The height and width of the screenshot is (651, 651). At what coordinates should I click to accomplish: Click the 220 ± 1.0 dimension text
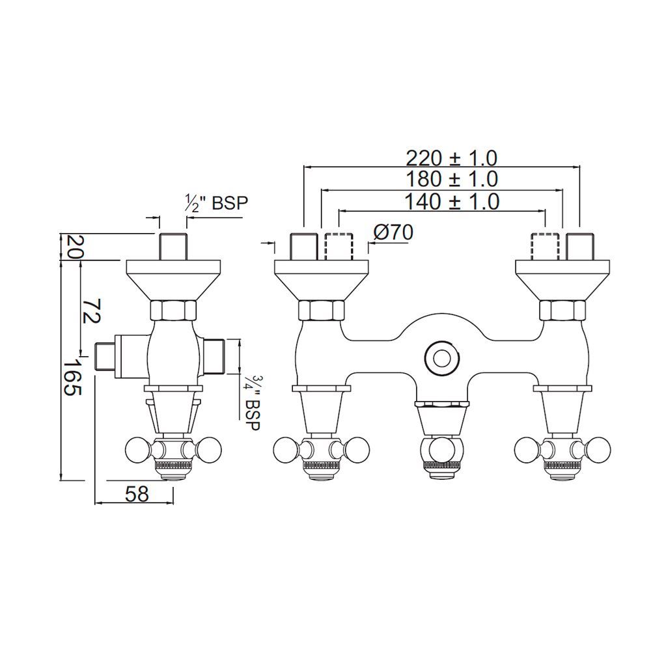tap(451, 158)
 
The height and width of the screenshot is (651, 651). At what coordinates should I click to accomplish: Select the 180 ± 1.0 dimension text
tap(451, 179)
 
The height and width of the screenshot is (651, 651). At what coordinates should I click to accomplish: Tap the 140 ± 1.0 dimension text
tap(451, 201)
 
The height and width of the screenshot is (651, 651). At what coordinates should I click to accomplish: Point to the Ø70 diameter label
tap(394, 232)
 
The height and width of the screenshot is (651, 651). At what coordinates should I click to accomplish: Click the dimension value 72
tap(90, 311)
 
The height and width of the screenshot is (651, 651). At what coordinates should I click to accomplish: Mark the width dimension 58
tap(137, 494)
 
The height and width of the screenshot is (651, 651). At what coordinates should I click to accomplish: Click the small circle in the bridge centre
tap(442, 357)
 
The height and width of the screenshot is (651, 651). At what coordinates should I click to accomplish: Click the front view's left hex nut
tap(321, 311)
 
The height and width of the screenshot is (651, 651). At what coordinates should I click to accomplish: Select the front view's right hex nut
tap(562, 311)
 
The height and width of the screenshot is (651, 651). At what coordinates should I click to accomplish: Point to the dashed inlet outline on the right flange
tap(545, 246)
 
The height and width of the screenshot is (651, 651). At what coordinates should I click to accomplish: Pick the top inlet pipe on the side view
tap(173, 246)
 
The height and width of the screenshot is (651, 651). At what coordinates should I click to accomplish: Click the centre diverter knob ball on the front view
tap(442, 449)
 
